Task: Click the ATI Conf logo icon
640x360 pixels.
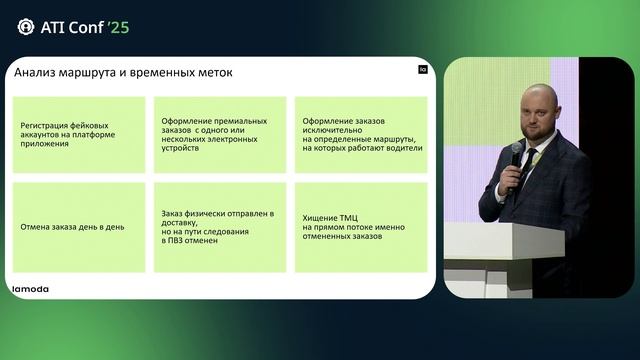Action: pos(25,26)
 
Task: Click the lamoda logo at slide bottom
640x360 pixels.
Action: pos(31,288)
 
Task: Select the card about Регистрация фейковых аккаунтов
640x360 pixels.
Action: pos(78,134)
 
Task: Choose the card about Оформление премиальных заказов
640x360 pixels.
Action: pos(219,134)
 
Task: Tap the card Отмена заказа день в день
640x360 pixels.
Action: pos(78,226)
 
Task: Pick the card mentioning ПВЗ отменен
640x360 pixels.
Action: pos(219,226)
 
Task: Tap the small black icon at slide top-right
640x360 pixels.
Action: pos(421,71)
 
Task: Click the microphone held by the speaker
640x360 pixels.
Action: pos(516,156)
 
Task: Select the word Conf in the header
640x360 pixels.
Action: pos(83,26)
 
